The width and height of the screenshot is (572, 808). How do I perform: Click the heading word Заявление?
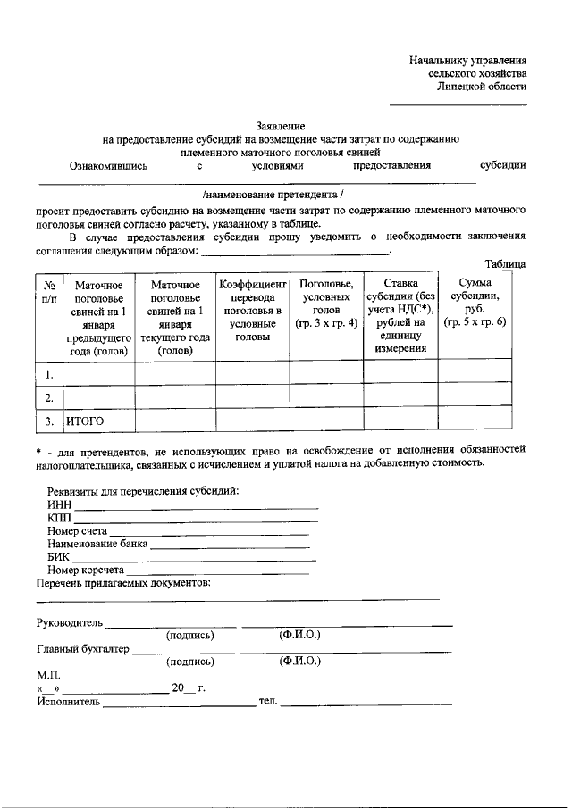pos(281,126)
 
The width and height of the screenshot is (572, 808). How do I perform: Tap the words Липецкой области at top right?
pos(482,87)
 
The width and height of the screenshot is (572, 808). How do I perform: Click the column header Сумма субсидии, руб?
pos(475,303)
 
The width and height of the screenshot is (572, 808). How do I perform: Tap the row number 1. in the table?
pos(50,372)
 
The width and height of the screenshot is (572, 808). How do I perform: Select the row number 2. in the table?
pos(50,396)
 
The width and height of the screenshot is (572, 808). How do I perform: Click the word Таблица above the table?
pos(505,264)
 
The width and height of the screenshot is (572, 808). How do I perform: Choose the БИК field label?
pos(59,556)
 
